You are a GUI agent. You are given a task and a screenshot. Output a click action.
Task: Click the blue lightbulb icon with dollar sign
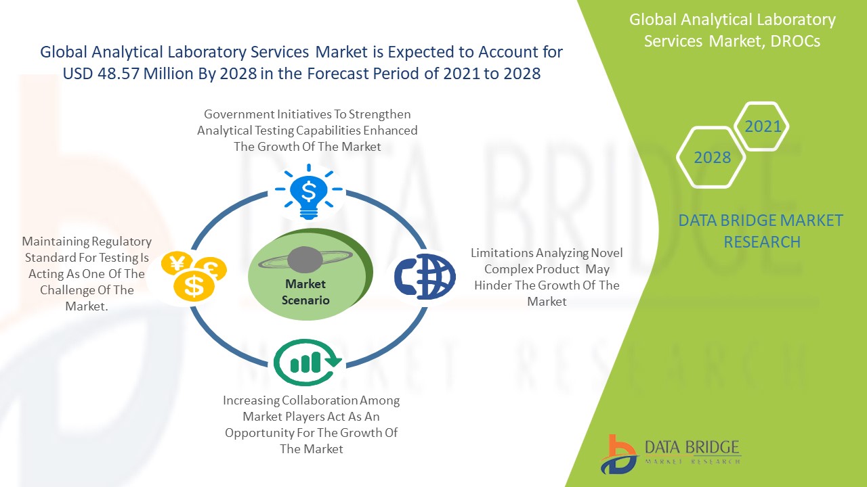[x=308, y=191]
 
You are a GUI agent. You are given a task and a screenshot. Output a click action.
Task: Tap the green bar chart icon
[x=308, y=362]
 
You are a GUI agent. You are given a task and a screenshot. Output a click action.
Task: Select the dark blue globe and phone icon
[x=425, y=277]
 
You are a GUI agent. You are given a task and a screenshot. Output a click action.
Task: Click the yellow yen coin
[x=177, y=264]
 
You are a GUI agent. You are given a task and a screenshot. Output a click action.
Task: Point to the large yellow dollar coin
[x=194, y=285]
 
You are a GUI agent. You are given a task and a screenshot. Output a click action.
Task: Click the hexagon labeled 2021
[x=761, y=126]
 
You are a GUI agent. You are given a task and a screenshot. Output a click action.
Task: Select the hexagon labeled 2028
[x=711, y=158]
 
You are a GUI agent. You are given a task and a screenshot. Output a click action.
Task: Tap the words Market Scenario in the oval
[x=305, y=292]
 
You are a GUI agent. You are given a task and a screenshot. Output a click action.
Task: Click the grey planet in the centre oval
[x=305, y=259]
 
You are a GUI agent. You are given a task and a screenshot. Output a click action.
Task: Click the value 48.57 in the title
[x=118, y=74]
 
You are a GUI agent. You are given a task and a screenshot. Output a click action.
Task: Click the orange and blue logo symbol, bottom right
[x=618, y=455]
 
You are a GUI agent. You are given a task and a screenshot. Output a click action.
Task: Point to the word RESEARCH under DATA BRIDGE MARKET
[x=762, y=242]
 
